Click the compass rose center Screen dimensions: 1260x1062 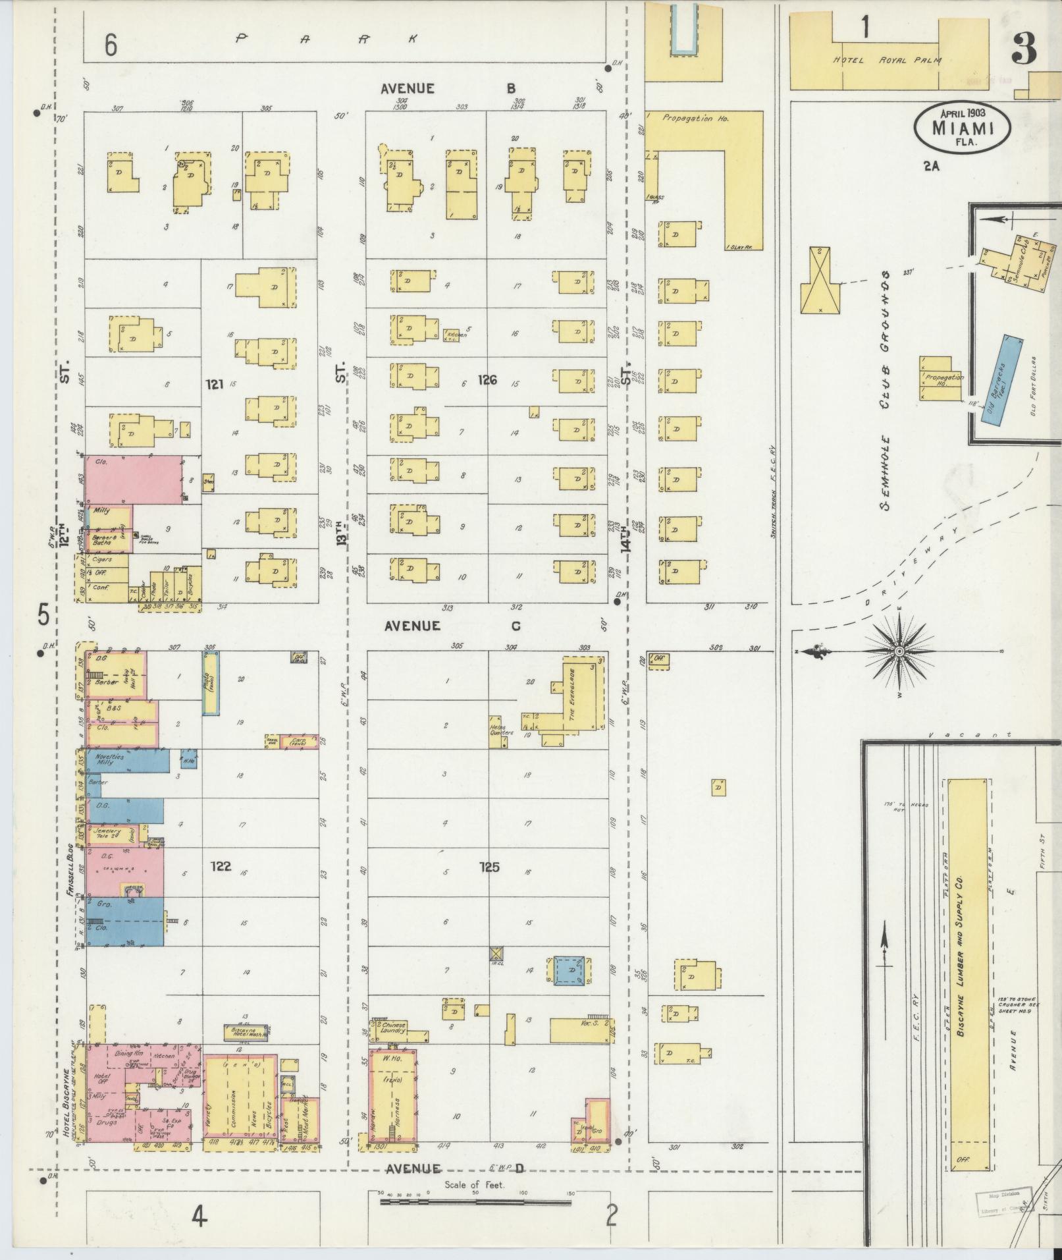899,651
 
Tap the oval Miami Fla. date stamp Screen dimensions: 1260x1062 962,127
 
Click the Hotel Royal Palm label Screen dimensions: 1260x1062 887,61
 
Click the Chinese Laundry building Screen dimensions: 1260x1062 393,1027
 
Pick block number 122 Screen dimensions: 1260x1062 221,866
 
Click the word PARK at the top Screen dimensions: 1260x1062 327,39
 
